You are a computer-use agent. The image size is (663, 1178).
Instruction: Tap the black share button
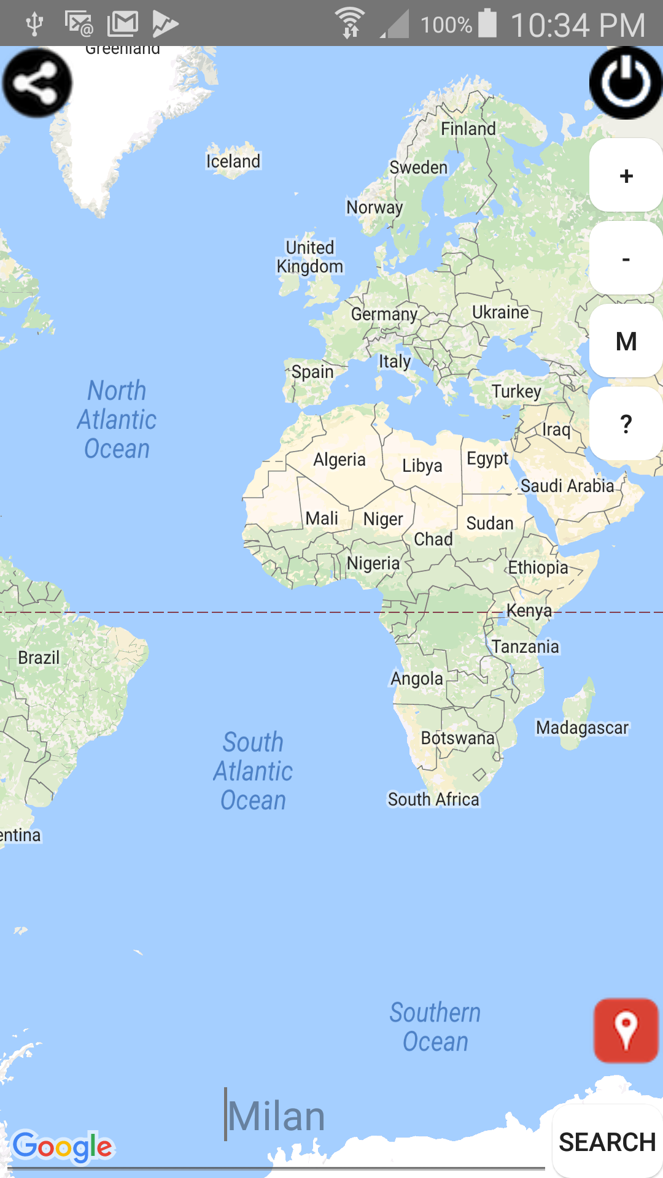click(x=37, y=83)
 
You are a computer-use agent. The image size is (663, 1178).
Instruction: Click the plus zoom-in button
click(x=626, y=176)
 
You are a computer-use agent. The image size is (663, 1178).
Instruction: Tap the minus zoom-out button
click(x=626, y=259)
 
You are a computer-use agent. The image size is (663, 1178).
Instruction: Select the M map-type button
click(x=626, y=341)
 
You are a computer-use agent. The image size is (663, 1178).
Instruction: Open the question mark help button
click(x=626, y=424)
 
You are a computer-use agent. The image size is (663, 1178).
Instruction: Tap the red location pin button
click(x=626, y=1030)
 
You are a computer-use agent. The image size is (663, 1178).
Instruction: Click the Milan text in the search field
click(x=276, y=1116)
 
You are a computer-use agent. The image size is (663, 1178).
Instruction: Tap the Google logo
click(x=63, y=1147)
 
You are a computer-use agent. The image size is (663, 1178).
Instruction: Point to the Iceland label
click(x=233, y=161)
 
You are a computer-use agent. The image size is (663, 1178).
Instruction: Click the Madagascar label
click(x=582, y=728)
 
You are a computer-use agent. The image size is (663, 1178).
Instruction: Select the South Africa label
click(x=433, y=799)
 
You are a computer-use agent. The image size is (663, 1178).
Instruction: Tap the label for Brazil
click(x=39, y=658)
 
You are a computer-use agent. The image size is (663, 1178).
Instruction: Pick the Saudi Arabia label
click(x=567, y=486)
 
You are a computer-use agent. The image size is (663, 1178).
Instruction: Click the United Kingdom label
click(x=310, y=257)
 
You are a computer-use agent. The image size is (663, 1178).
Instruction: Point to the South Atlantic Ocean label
click(x=253, y=771)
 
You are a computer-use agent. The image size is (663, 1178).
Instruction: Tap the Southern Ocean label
click(x=435, y=1027)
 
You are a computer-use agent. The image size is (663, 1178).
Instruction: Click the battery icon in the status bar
click(x=488, y=23)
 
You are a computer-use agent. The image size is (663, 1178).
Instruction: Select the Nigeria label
click(x=373, y=563)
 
